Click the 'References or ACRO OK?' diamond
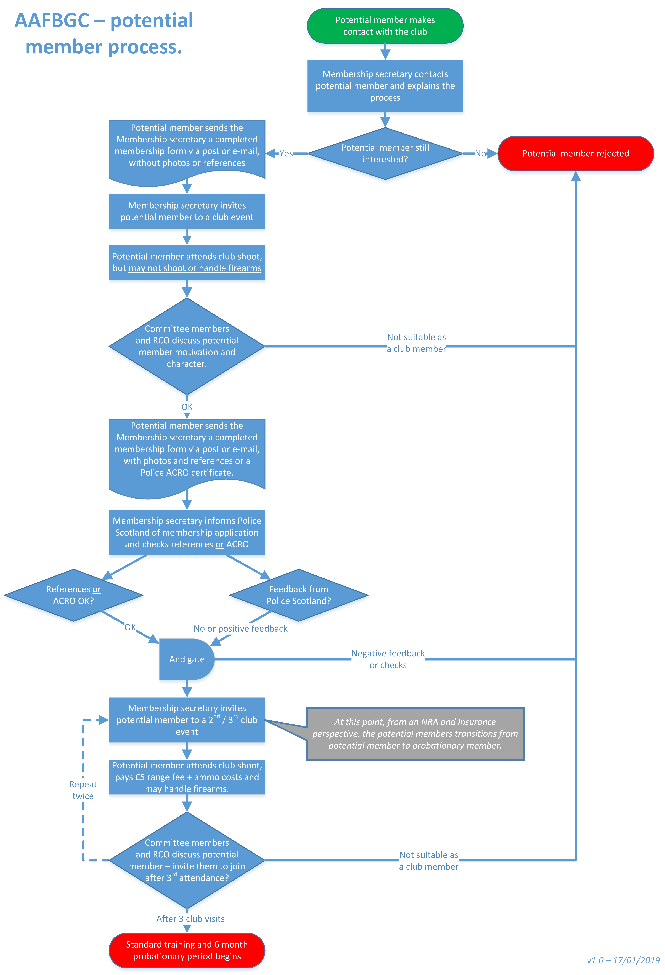[73, 595]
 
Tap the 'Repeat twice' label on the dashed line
[83, 790]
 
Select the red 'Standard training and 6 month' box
[187, 950]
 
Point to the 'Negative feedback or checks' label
[388, 659]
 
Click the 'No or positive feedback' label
[240, 629]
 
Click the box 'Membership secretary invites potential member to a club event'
[187, 212]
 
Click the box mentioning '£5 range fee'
[187, 777]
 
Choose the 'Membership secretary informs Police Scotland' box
[187, 532]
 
